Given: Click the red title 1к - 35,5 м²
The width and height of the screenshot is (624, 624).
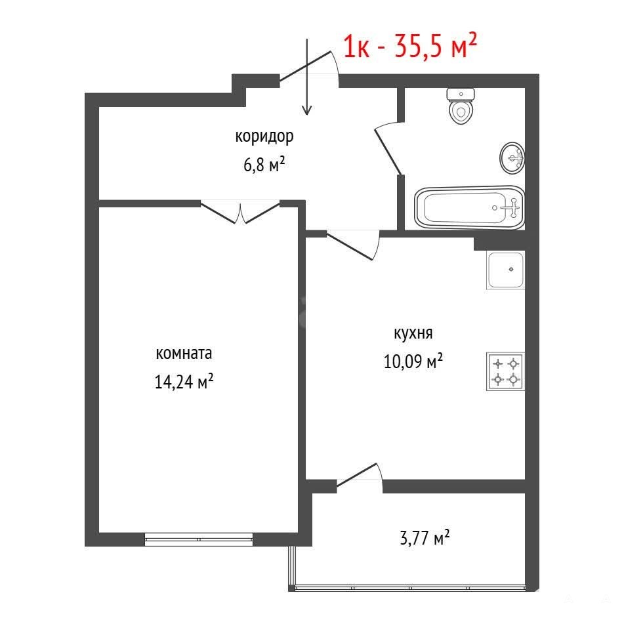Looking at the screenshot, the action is pyautogui.click(x=410, y=46).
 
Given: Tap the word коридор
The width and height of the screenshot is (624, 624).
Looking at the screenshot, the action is pyautogui.click(x=264, y=136).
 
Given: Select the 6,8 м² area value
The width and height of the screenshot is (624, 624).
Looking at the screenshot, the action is pyautogui.click(x=264, y=164).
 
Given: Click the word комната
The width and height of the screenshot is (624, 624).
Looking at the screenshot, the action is pyautogui.click(x=184, y=354).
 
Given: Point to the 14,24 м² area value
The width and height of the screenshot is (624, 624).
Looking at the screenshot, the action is pyautogui.click(x=184, y=382).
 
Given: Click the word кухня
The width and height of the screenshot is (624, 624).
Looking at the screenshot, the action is pyautogui.click(x=413, y=333).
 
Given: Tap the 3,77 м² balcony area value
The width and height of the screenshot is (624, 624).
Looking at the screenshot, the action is pyautogui.click(x=425, y=538).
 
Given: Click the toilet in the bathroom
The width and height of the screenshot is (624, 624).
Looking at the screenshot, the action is pyautogui.click(x=461, y=106).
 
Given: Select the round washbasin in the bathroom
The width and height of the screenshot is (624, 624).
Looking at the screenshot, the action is pyautogui.click(x=512, y=158).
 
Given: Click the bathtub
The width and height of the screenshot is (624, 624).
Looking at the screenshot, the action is pyautogui.click(x=470, y=207).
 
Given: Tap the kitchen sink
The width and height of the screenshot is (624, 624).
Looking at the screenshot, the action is pyautogui.click(x=505, y=270).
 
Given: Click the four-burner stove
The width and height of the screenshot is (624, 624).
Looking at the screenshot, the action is pyautogui.click(x=505, y=371).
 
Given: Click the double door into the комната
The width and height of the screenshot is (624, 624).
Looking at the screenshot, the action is pyautogui.click(x=240, y=213).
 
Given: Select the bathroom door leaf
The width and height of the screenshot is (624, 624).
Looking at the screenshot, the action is pyautogui.click(x=388, y=149).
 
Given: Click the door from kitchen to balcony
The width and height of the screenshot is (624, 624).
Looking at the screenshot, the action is pyautogui.click(x=357, y=474).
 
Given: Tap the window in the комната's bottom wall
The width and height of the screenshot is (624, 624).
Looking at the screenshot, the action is pyautogui.click(x=199, y=539).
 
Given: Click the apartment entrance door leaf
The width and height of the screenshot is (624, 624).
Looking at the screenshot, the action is pyautogui.click(x=305, y=66).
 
